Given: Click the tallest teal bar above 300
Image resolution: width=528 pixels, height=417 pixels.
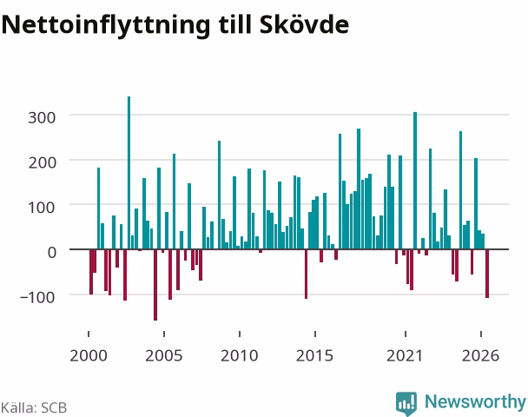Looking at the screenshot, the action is (x=129, y=173).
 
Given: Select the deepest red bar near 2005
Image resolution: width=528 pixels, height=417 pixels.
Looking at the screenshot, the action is (x=155, y=285).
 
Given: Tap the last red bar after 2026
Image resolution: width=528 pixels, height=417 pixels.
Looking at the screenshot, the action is (x=487, y=274).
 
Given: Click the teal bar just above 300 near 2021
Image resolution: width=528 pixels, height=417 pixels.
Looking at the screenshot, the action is (x=415, y=181).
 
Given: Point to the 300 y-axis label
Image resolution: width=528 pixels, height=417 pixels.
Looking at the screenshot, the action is (x=42, y=118).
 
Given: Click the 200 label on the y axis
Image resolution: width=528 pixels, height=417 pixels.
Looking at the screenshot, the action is (x=42, y=162).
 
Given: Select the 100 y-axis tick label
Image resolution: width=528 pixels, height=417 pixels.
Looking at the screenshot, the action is (x=42, y=208).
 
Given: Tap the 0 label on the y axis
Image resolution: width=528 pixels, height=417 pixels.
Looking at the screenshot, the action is (x=51, y=252).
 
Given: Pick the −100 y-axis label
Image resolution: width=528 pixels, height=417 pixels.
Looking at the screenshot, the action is (x=37, y=297).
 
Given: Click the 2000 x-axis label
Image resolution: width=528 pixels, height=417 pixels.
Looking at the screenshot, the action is (x=89, y=355).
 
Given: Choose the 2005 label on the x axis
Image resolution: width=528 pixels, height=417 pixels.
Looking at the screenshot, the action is (x=163, y=355).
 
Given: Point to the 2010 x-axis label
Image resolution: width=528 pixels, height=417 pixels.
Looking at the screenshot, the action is (x=240, y=355).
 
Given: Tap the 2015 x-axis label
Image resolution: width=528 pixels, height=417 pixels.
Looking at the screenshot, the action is (x=314, y=355).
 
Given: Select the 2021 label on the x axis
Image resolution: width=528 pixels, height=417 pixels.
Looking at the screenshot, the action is (x=405, y=355).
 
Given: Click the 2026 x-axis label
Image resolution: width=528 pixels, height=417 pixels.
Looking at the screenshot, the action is (x=480, y=355).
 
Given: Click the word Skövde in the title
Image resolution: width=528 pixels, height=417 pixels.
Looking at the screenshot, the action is (x=304, y=24).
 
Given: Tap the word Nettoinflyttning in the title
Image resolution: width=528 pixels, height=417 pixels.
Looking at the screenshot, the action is (x=106, y=26).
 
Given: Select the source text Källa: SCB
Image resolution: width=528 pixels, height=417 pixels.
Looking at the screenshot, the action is (x=34, y=407).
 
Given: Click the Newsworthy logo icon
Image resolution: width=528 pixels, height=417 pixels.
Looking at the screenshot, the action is (x=406, y=403).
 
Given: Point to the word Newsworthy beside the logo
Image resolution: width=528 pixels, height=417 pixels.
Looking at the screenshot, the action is (x=475, y=402).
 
